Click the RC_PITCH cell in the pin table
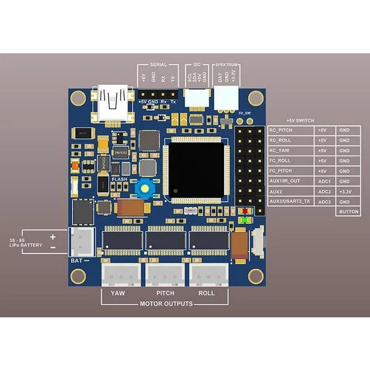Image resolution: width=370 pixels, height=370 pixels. click(x=291, y=131)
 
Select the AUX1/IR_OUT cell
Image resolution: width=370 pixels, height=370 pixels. click(x=291, y=181)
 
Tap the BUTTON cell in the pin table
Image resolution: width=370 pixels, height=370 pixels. click(x=348, y=211)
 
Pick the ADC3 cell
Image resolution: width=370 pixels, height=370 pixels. click(x=325, y=201)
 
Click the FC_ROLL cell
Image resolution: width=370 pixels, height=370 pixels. click(x=291, y=161)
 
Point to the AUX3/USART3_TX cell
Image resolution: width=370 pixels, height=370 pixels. click(x=291, y=201)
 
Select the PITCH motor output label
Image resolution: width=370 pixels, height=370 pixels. click(x=165, y=293)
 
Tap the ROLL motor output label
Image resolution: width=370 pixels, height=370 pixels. click(x=206, y=293)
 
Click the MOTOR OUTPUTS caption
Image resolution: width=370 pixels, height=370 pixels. click(x=166, y=304)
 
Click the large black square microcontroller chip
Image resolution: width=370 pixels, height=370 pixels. click(x=196, y=171)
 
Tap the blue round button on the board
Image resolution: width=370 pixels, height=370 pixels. click(x=146, y=187)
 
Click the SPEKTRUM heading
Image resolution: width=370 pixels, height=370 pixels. click(x=227, y=64)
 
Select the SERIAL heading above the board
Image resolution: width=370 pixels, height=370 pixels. click(x=158, y=64)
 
